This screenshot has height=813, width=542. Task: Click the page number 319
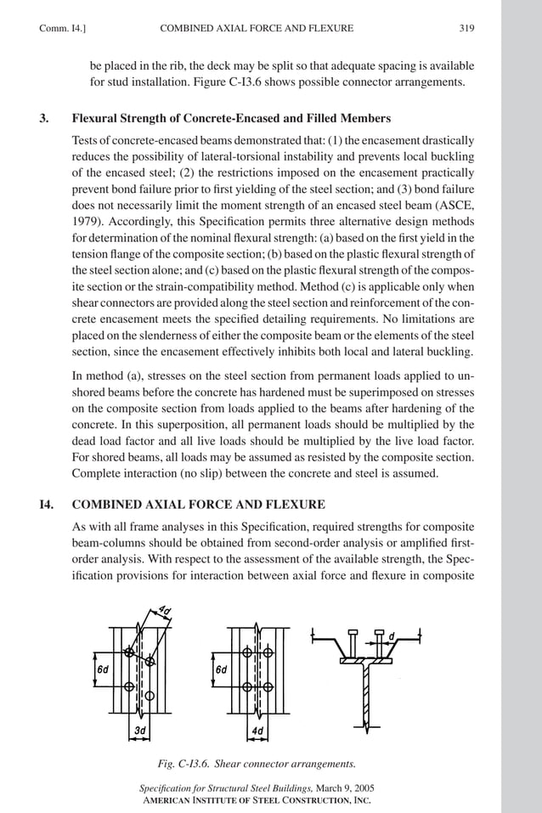click(466, 29)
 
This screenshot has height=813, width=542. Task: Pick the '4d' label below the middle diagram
click(257, 730)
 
